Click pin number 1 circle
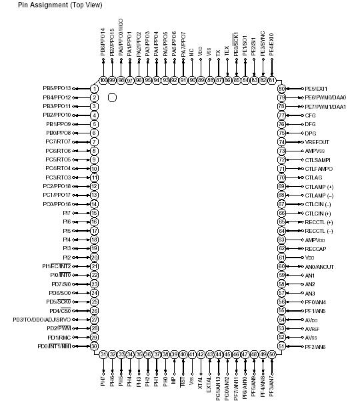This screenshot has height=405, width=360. [x=95, y=88]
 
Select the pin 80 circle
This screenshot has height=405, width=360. [x=281, y=88]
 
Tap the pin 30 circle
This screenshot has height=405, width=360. [x=95, y=346]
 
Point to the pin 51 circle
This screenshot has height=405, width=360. [x=281, y=346]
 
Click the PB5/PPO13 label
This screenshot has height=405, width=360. [x=57, y=88]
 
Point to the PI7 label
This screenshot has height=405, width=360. [x=67, y=213]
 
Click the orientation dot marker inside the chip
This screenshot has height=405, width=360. [x=112, y=97]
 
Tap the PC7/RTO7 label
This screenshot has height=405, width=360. [x=58, y=141]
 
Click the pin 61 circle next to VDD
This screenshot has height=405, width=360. [x=281, y=257]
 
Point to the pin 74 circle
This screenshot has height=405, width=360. [x=281, y=141]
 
